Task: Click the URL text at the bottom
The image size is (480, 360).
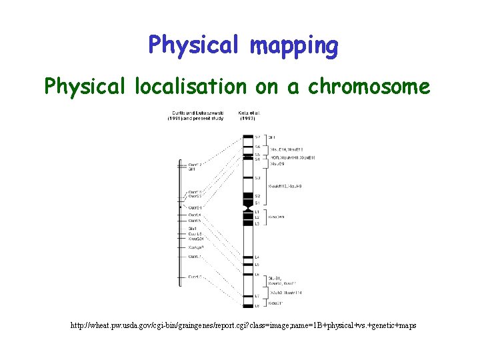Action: (243, 325)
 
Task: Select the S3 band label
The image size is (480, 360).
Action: (257, 178)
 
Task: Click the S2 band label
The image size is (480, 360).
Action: (257, 196)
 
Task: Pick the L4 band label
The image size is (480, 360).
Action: (257, 257)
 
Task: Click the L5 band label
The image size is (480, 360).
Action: (257, 265)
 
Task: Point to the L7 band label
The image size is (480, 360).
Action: (257, 295)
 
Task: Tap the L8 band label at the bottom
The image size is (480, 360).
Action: (257, 306)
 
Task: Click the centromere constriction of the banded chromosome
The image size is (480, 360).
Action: (248, 208)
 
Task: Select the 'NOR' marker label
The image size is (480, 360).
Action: (274, 157)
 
